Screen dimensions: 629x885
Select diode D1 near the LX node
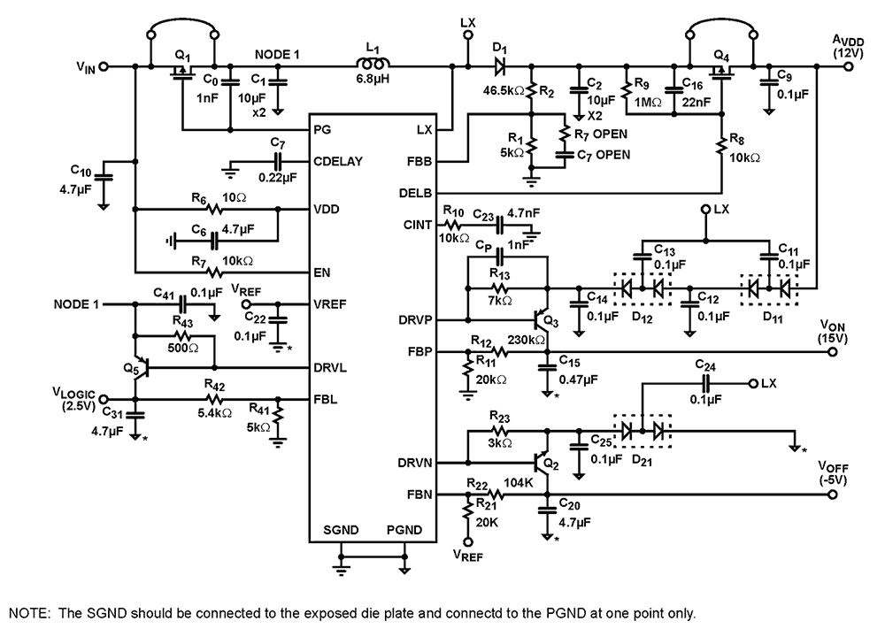(499, 65)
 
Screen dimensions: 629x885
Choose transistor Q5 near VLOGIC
(137, 365)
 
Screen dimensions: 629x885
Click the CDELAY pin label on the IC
(336, 164)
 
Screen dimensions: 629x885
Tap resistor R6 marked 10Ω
(213, 210)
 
